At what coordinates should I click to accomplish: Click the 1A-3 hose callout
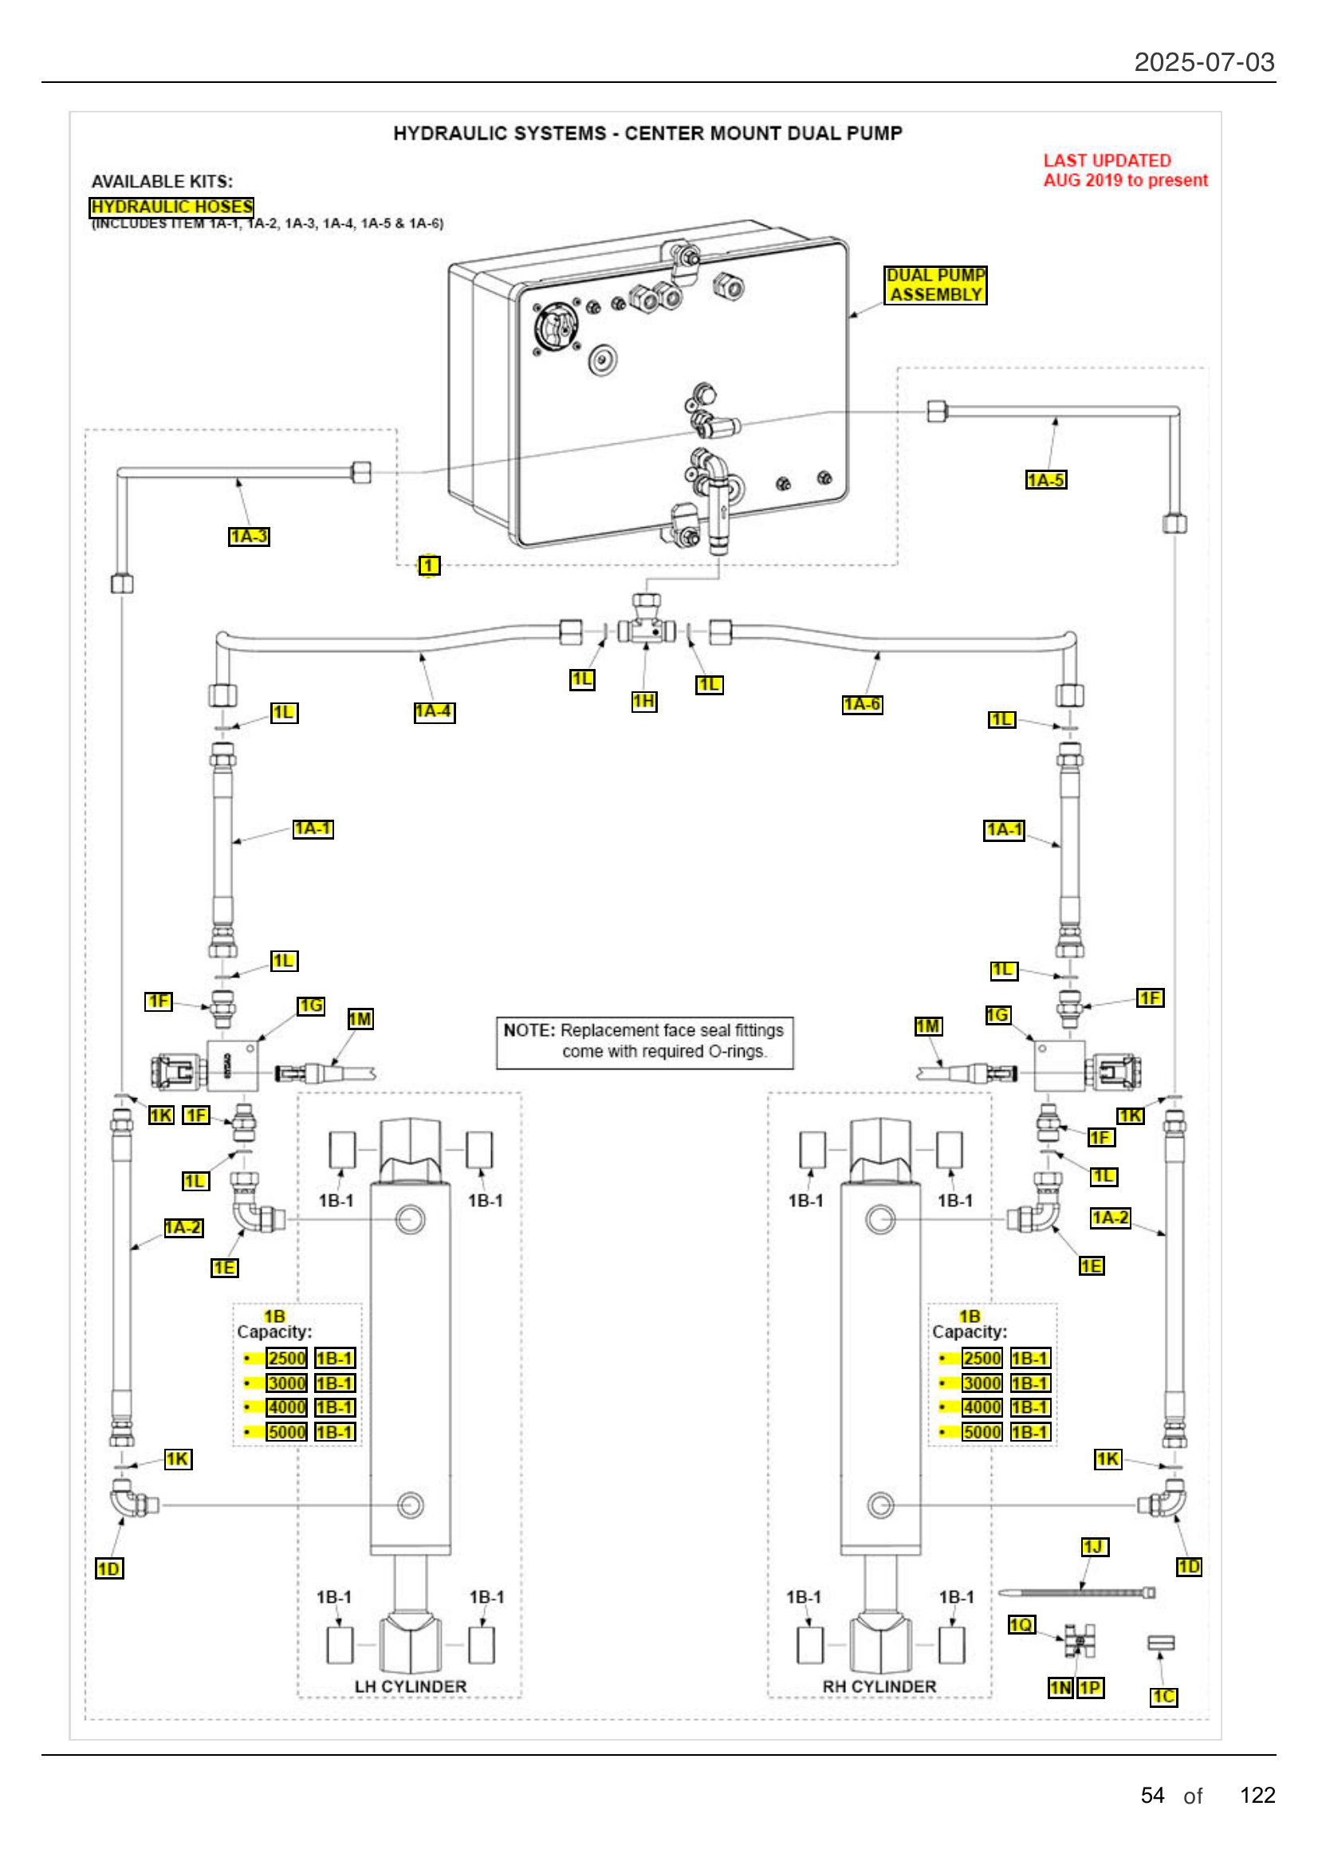pos(249,536)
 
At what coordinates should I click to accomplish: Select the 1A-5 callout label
pos(1045,480)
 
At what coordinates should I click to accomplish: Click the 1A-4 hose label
pos(434,711)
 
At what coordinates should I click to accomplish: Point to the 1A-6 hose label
pos(862,704)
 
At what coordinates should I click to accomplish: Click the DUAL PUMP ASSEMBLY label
pos(935,285)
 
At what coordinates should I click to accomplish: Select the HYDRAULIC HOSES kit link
pos(171,207)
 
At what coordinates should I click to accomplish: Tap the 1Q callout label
pos(1021,1624)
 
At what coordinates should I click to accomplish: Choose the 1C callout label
pos(1163,1697)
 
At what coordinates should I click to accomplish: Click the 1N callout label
pos(1060,1688)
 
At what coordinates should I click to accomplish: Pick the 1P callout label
pos(1090,1688)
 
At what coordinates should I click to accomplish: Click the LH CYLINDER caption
pos(410,1687)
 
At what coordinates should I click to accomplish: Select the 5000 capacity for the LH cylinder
pos(287,1432)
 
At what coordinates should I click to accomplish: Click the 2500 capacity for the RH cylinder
pos(981,1358)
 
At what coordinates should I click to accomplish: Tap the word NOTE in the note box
pos(529,1031)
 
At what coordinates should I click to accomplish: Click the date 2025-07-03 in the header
pos(1203,62)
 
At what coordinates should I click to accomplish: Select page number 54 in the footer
pos(1152,1795)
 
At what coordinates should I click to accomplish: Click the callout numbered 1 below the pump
pos(429,565)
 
